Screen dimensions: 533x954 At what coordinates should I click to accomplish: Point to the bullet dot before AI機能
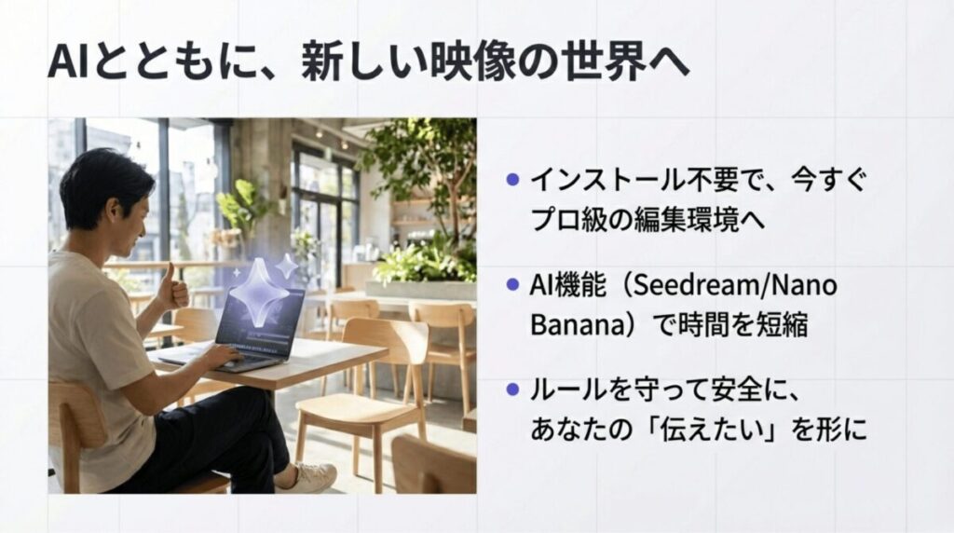coord(511,284)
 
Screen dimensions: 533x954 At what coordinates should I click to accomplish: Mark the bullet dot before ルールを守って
coord(511,389)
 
